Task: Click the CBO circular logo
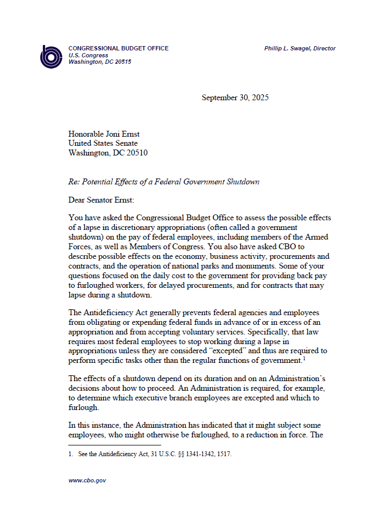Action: tap(52, 56)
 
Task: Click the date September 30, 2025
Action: tap(235, 98)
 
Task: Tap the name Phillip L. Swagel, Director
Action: tap(300, 49)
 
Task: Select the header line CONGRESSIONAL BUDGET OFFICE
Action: tap(118, 49)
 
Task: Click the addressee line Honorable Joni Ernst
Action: tap(104, 134)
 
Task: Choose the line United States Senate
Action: tap(103, 143)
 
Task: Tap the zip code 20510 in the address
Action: tap(136, 153)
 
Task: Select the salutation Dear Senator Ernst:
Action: tap(102, 200)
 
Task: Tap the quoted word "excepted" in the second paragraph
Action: tap(215, 351)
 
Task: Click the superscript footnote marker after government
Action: tap(304, 358)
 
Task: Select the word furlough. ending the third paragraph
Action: tap(84, 407)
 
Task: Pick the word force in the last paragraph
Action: tap(307, 434)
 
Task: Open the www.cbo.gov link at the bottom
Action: tap(87, 481)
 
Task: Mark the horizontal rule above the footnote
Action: tap(114, 445)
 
